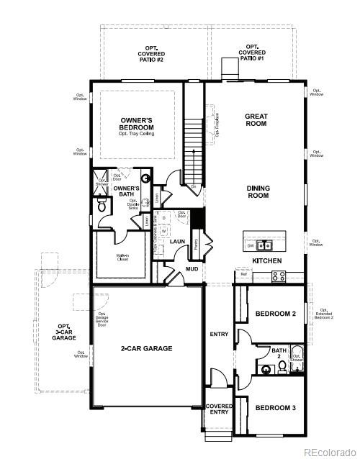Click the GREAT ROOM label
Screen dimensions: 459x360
pos(256,119)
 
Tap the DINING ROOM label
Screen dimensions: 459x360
pos(258,192)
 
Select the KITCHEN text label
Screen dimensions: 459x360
pos(266,260)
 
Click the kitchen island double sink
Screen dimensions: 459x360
pos(263,245)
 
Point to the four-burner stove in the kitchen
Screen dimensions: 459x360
pos(278,275)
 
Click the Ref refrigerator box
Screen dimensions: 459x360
pos(243,274)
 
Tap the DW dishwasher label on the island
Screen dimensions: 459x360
pos(250,245)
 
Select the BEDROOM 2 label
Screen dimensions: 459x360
pos(275,314)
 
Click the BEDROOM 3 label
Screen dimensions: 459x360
pos(275,408)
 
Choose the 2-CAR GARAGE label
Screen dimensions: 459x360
pos(146,348)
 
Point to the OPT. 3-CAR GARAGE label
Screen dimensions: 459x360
pos(63,332)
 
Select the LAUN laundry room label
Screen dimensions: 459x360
pos(178,241)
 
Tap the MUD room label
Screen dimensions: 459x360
pos(192,269)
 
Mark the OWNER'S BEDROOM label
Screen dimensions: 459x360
pos(137,123)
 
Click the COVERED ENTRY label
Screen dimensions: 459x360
pos(219,409)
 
